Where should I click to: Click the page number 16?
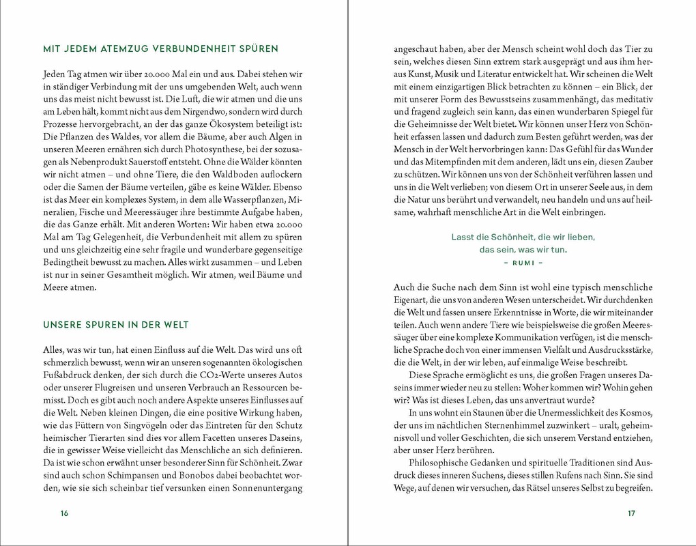pyautogui.click(x=65, y=514)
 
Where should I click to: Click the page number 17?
pyautogui.click(x=631, y=514)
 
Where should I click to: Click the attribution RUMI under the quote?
pyautogui.click(x=523, y=262)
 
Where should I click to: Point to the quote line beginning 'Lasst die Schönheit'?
pyautogui.click(x=523, y=237)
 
